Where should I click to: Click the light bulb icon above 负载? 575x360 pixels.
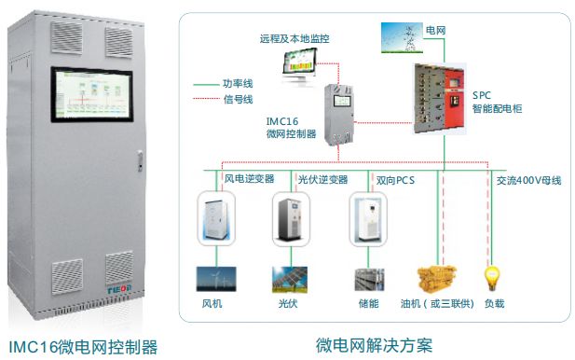[488, 278]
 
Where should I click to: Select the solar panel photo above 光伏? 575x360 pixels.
[289, 279]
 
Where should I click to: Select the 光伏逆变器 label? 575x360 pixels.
[322, 179]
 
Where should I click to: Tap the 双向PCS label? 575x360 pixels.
[394, 179]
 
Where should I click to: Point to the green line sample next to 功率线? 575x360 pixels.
[212, 83]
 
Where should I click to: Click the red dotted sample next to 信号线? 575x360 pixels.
[212, 99]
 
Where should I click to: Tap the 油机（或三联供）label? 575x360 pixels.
[437, 304]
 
